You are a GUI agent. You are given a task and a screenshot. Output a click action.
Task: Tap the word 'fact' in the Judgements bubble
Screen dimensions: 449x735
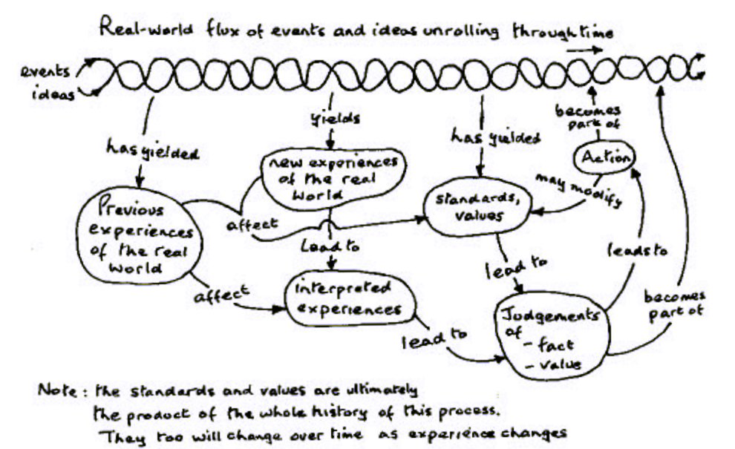[554, 345]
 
